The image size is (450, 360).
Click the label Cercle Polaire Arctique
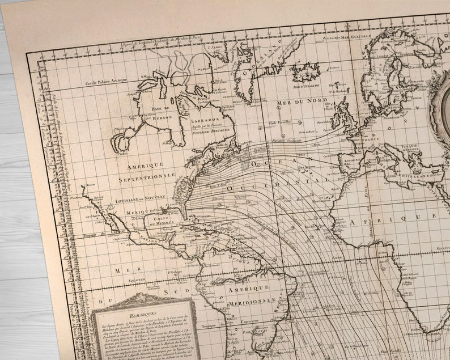tap(108, 83)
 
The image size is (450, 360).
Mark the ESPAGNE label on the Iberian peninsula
tap(351, 161)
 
